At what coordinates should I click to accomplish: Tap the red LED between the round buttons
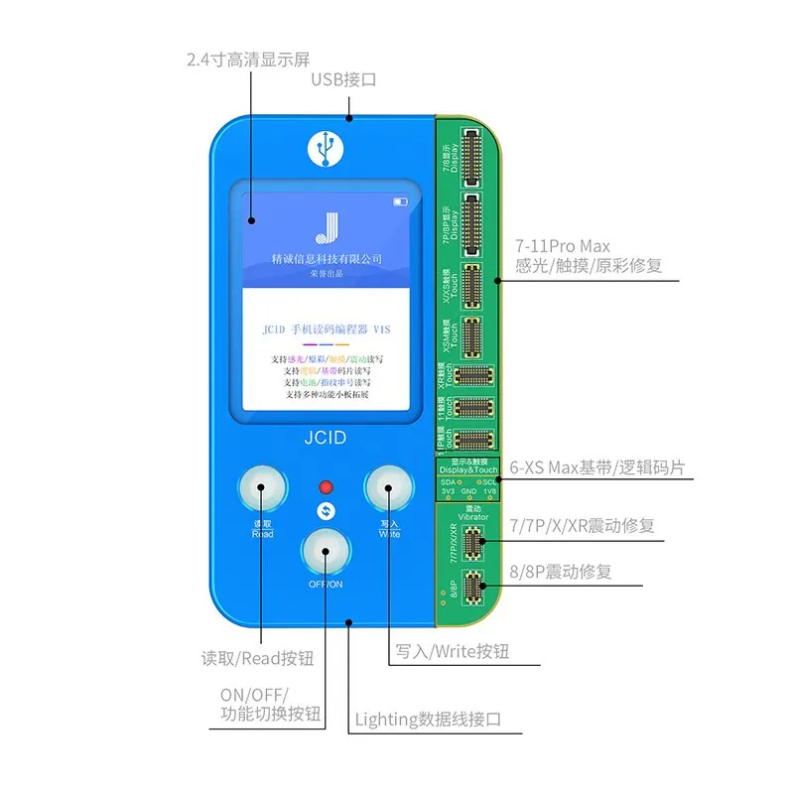324,487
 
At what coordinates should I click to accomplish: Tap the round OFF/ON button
325,549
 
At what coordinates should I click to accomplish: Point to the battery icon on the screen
400,202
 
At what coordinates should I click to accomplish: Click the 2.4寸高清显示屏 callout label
244,59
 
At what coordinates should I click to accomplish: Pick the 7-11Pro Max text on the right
564,244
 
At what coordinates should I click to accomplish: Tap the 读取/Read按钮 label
257,657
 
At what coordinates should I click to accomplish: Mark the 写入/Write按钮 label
452,651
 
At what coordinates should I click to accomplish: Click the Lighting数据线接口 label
428,720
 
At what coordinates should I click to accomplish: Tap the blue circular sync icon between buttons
324,511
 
